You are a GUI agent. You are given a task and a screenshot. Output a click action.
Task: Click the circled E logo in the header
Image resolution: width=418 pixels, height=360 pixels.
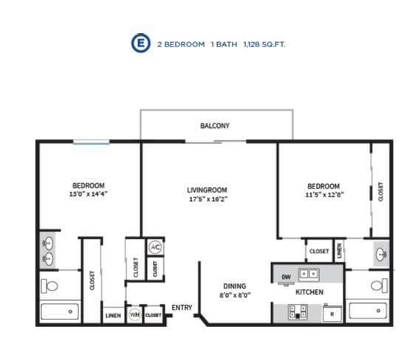(139, 44)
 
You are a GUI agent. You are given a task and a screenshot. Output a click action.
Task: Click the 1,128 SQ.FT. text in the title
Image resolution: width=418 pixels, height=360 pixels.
(264, 44)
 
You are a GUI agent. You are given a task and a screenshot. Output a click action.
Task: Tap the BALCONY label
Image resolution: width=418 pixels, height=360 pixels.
(215, 126)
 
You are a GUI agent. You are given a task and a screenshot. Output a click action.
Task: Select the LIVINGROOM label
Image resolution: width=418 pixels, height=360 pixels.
(207, 190)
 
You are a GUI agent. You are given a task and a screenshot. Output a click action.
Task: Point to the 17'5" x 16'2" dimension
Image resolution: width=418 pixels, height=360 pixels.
(208, 199)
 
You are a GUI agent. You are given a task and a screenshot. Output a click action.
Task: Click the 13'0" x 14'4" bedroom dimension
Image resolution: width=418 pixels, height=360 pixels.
(88, 194)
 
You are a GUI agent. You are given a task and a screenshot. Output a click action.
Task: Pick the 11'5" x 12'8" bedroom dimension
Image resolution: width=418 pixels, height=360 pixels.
(323, 194)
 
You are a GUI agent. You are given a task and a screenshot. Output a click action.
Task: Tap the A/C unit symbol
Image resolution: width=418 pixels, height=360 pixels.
(155, 247)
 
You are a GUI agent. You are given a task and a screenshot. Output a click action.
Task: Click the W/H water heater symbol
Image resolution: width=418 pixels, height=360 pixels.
(134, 315)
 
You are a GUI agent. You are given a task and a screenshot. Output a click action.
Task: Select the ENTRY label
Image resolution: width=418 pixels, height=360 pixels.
(182, 308)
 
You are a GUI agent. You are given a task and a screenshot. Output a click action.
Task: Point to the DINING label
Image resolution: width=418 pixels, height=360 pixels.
(235, 286)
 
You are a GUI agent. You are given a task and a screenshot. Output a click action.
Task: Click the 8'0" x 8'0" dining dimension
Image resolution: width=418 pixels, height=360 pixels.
(235, 294)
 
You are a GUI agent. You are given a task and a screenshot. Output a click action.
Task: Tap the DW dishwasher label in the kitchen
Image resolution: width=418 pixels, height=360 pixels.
(286, 277)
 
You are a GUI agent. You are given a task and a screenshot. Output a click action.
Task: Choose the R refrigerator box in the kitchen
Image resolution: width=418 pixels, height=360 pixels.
(332, 314)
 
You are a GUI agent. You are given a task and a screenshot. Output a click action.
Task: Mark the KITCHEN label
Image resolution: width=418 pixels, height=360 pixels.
(309, 293)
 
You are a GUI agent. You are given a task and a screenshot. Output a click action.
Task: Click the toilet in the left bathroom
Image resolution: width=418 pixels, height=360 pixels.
(51, 285)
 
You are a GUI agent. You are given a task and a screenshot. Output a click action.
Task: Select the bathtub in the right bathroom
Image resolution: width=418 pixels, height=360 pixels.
(369, 310)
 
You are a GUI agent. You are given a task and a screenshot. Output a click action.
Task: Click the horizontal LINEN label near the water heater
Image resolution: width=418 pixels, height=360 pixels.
(113, 316)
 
